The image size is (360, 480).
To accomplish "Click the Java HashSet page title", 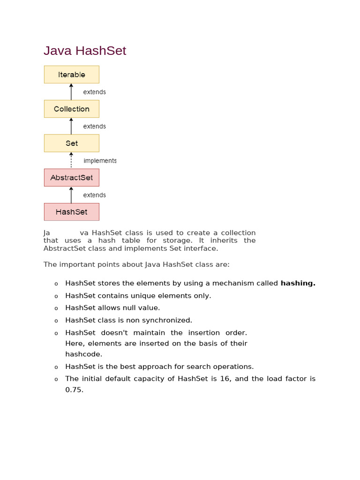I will [85, 51].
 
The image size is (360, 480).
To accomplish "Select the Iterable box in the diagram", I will [72, 75].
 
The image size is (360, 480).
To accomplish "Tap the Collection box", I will [72, 109].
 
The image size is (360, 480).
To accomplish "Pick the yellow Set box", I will [72, 143].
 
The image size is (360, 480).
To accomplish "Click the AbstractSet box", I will [72, 178].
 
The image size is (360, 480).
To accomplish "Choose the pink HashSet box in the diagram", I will [72, 212].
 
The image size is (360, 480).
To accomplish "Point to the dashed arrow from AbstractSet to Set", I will [71, 160].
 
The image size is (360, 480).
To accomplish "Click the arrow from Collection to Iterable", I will [71, 92].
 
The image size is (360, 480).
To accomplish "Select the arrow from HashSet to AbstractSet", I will [71, 195].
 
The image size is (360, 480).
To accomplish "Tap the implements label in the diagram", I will [100, 161].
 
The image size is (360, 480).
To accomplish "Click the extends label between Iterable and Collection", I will [94, 92].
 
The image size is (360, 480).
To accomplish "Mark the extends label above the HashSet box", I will [94, 195].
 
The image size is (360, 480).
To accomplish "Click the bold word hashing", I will [298, 283].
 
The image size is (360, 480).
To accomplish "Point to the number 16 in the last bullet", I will [225, 379].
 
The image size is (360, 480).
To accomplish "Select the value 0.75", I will [74, 390].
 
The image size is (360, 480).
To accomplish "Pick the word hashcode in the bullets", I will [83, 354].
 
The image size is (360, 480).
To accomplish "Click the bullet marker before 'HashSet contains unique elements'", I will [56, 296].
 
